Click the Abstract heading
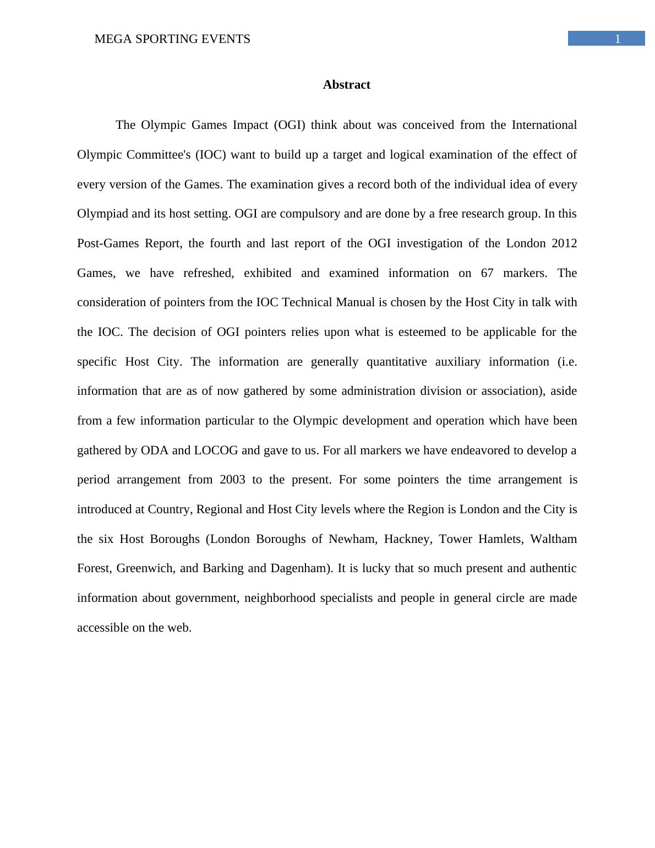coord(346,85)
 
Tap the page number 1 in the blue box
coord(618,39)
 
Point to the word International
coord(544,125)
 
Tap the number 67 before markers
coord(487,273)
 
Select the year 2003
coord(232,480)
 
